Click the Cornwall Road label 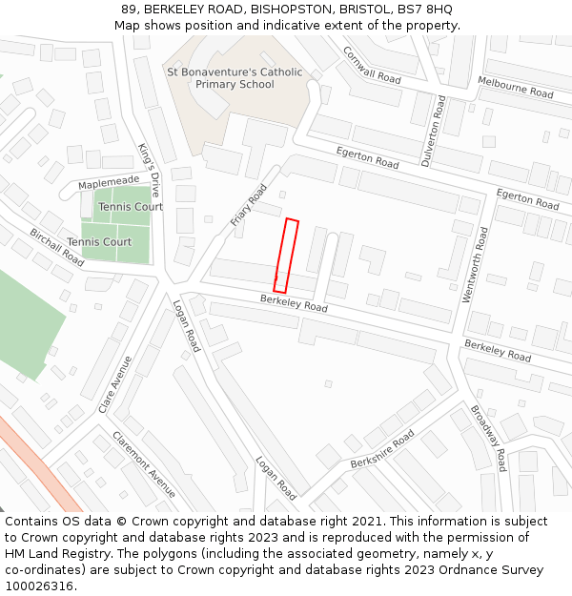click(x=372, y=65)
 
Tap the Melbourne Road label click(x=515, y=88)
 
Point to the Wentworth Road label click(x=475, y=265)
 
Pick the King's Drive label click(x=151, y=169)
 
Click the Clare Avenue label click(x=115, y=384)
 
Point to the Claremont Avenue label click(x=144, y=464)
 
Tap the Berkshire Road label click(x=381, y=448)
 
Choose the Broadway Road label click(x=488, y=438)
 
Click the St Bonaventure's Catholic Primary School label click(x=235, y=78)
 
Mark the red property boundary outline click(x=286, y=256)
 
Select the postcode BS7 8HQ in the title click(x=423, y=10)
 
